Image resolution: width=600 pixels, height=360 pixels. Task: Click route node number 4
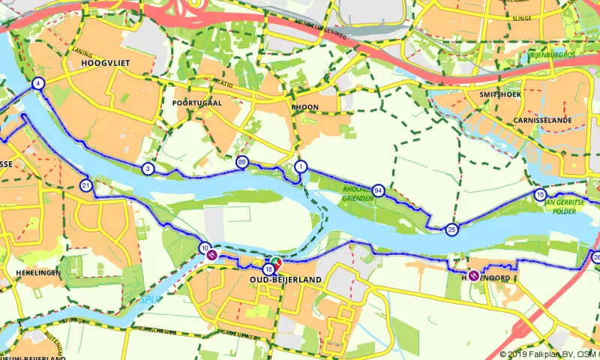(37, 84)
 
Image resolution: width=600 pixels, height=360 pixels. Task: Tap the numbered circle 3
(148, 169)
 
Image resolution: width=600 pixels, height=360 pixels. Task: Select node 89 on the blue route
(242, 162)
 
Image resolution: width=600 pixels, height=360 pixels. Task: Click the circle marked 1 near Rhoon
(301, 166)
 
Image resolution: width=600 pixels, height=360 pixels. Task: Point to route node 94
(379, 190)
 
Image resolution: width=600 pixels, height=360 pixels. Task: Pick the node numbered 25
(451, 229)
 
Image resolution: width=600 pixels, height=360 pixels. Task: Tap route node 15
(540, 195)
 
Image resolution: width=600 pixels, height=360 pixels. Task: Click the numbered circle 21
(86, 185)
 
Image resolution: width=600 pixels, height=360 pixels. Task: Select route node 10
(205, 248)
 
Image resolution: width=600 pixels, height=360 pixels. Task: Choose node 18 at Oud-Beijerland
(268, 268)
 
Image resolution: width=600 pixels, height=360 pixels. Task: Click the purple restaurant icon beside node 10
(212, 255)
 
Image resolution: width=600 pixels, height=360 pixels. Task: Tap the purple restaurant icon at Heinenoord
(474, 275)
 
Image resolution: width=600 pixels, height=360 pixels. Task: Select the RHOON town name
(306, 107)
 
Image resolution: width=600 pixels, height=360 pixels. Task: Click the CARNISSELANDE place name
(544, 120)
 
